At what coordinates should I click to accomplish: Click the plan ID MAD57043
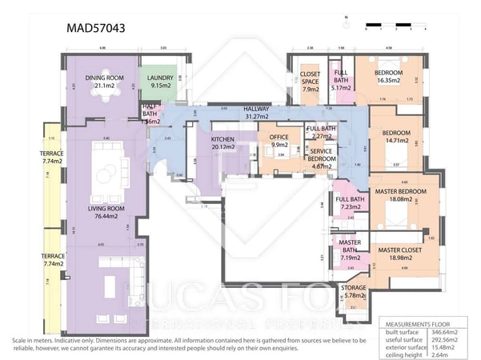click(95, 28)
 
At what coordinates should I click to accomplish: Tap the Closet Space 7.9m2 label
click(310, 82)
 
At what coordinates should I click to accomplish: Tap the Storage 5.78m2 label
click(353, 291)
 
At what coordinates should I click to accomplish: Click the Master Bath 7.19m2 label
click(349, 250)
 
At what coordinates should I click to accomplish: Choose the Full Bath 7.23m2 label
click(350, 204)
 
